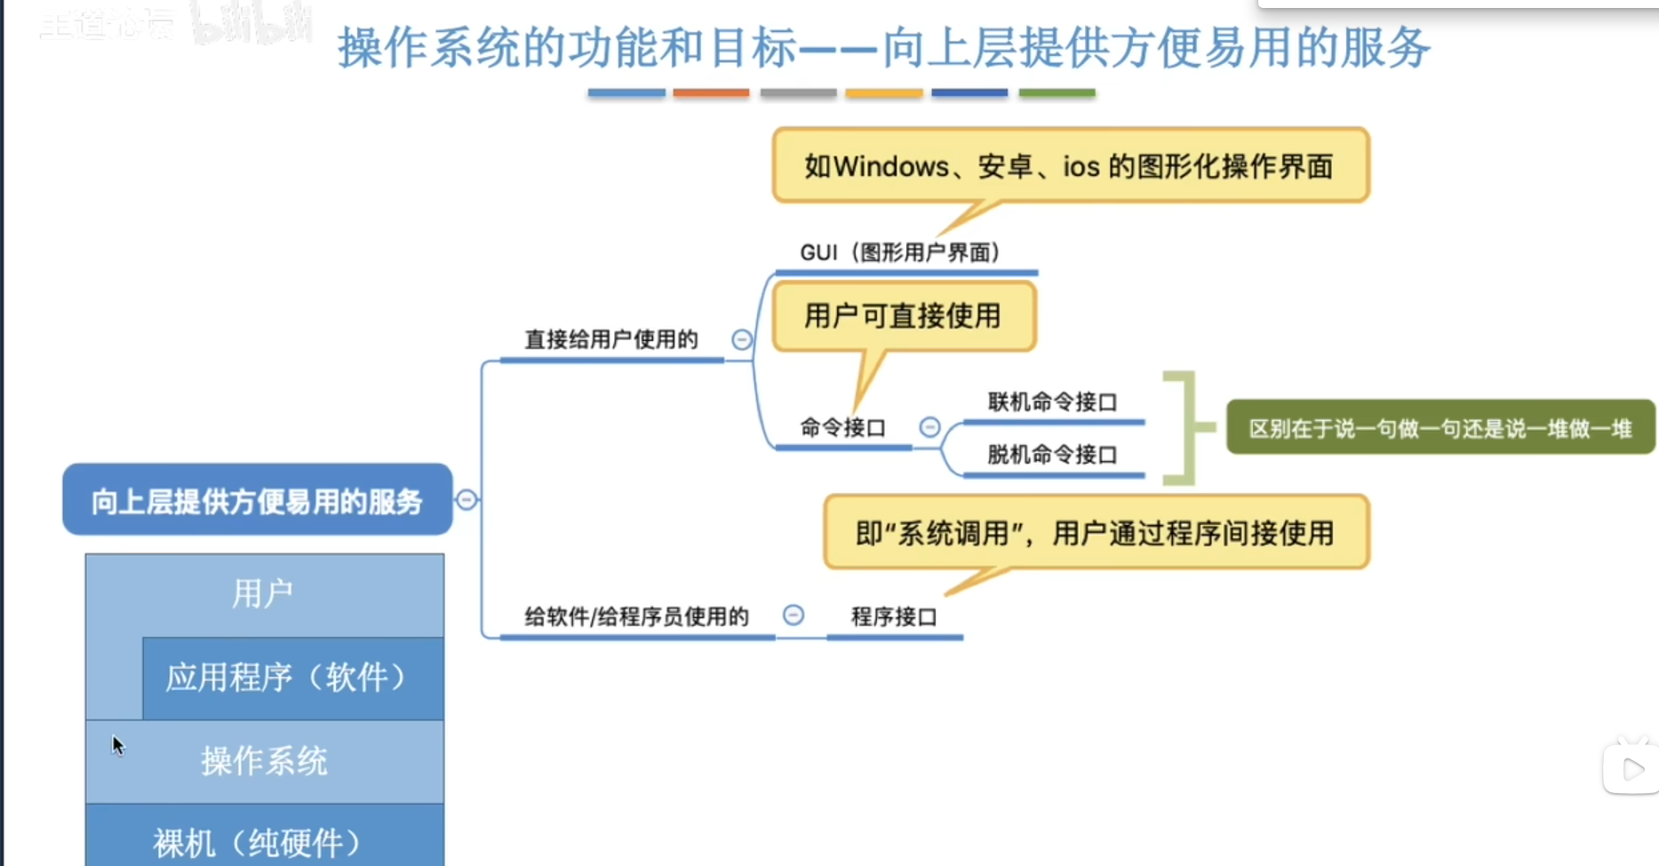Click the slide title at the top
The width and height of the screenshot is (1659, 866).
coord(883,48)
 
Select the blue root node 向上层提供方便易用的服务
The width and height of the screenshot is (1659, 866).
coord(257,501)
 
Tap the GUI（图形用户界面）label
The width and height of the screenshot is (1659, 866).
coord(900,253)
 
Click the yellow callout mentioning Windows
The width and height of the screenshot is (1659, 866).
coord(1069,166)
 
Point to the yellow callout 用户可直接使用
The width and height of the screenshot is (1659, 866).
coord(903,316)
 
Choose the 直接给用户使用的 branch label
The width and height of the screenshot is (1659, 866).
coord(611,340)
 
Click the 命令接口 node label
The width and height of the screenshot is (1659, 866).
coord(842,428)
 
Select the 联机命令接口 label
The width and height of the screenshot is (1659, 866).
coord(1052,402)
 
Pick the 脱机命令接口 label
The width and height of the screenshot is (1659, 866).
coord(1052,455)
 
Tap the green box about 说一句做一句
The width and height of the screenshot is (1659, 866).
coord(1440,429)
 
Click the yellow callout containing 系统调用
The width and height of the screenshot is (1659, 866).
coord(1095,533)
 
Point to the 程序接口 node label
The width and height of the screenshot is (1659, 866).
coord(894,617)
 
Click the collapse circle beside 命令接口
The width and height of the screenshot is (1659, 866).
coord(929,427)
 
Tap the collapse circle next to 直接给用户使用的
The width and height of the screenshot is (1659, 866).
coord(742,339)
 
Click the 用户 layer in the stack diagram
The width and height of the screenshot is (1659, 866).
coord(263,593)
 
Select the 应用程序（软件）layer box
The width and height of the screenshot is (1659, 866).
coord(292,678)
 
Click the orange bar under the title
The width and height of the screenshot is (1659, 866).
coord(711,92)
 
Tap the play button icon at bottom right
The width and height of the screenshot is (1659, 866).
coord(1631,769)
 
